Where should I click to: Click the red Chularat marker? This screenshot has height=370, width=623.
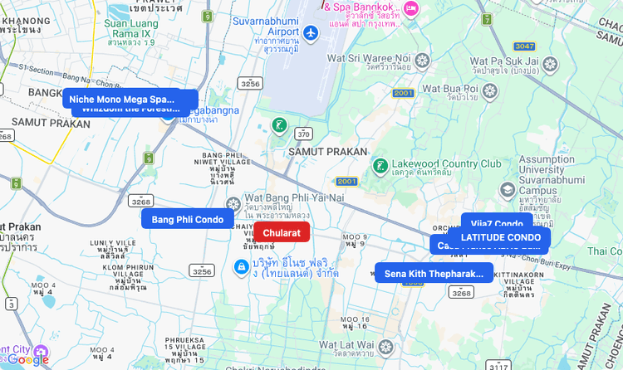[282, 232]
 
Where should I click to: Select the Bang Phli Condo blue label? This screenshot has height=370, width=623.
[187, 219]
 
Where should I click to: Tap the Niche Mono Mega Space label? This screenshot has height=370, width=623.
[130, 99]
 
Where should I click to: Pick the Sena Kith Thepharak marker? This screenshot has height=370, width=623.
[434, 273]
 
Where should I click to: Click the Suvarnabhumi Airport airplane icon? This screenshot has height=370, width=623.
[311, 33]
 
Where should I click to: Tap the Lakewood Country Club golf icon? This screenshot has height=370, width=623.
[380, 165]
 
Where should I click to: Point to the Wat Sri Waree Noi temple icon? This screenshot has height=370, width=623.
[423, 60]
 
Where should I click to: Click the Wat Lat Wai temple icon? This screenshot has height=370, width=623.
[385, 346]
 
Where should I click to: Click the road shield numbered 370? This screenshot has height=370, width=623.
[303, 134]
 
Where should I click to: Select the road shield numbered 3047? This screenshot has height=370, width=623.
[524, 46]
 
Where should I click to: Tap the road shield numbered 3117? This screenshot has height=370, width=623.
[499, 365]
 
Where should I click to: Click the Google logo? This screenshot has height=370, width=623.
[29, 358]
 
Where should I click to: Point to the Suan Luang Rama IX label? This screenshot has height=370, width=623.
[130, 28]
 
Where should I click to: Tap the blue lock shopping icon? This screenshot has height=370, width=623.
[241, 267]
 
